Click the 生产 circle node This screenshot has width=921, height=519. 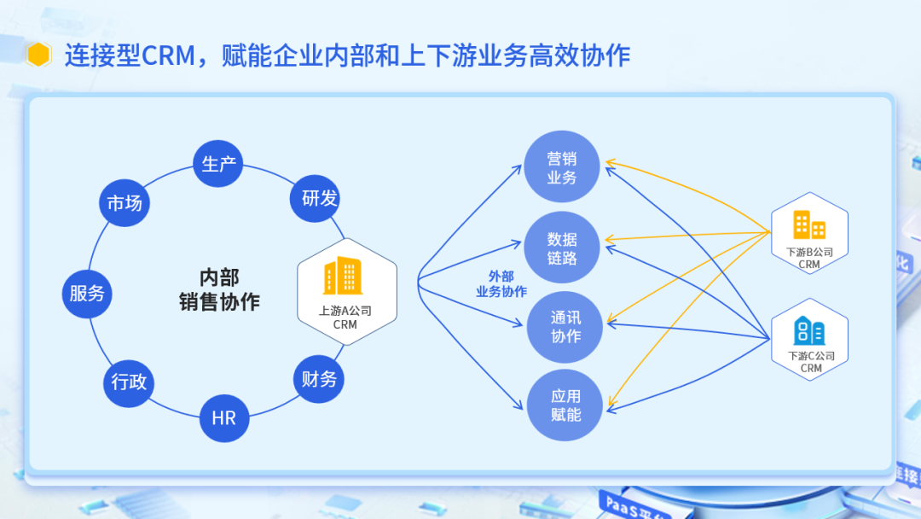(218, 163)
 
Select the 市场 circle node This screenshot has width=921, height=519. (125, 202)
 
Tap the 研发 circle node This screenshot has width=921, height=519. (320, 199)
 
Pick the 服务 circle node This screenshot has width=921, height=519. (88, 293)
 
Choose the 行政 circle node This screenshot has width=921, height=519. (129, 381)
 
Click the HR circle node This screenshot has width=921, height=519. (223, 417)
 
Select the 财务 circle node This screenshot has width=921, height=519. (320, 379)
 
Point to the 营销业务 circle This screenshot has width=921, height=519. (562, 167)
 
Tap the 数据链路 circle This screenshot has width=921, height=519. (562, 248)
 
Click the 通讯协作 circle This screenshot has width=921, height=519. (565, 326)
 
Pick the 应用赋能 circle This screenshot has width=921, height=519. (565, 405)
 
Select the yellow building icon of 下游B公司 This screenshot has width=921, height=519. (809, 225)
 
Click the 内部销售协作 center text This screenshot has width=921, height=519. (219, 289)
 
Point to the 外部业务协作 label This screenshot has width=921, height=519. (501, 283)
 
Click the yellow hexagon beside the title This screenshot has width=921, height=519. (39, 55)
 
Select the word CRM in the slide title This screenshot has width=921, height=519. (167, 56)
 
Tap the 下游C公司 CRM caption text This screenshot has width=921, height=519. (811, 362)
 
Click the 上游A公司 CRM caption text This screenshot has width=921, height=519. (345, 318)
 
